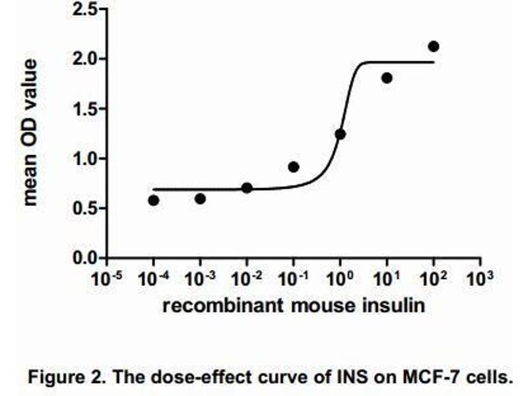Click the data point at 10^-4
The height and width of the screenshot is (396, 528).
(x=154, y=200)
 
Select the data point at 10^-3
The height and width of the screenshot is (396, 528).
(x=200, y=198)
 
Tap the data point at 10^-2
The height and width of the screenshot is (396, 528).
(x=247, y=187)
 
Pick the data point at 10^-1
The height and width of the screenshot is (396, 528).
(x=294, y=166)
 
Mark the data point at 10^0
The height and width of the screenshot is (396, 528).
(x=341, y=134)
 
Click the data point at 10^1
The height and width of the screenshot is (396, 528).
(x=387, y=78)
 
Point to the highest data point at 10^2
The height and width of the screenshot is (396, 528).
(x=434, y=46)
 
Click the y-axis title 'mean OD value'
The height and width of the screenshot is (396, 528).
(x=30, y=132)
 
